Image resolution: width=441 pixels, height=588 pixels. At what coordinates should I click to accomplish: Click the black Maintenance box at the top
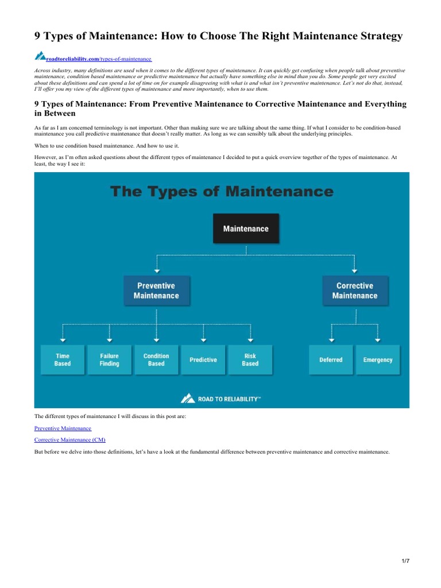(x=246, y=229)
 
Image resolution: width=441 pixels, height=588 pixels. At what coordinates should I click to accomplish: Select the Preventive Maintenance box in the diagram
(x=156, y=291)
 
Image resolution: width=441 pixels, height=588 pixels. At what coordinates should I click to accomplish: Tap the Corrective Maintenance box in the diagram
(x=354, y=291)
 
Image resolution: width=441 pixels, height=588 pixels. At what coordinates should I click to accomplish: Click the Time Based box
(x=63, y=359)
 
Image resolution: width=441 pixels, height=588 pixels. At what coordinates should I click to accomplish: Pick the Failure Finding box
(x=109, y=359)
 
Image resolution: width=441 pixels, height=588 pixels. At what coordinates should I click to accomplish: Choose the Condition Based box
(x=156, y=359)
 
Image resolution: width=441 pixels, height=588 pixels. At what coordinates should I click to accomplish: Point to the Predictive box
(x=203, y=359)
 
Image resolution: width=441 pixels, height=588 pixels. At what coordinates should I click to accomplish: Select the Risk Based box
(x=250, y=359)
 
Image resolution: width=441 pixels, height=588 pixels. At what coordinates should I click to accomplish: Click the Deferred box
(x=331, y=359)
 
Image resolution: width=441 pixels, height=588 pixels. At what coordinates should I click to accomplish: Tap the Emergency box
(x=378, y=359)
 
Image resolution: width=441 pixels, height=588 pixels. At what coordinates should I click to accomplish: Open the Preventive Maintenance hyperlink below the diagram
(x=63, y=428)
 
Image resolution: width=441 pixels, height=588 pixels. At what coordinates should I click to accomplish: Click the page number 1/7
(x=405, y=561)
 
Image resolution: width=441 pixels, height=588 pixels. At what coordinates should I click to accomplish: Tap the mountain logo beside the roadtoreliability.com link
(x=40, y=56)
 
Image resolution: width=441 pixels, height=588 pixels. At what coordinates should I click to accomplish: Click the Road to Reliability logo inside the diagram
(x=221, y=398)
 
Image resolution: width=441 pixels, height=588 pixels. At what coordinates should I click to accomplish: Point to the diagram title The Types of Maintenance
(x=221, y=191)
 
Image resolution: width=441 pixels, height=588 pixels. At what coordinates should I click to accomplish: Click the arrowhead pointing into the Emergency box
(x=378, y=341)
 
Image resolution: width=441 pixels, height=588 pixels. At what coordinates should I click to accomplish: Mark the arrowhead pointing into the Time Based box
(x=63, y=341)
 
